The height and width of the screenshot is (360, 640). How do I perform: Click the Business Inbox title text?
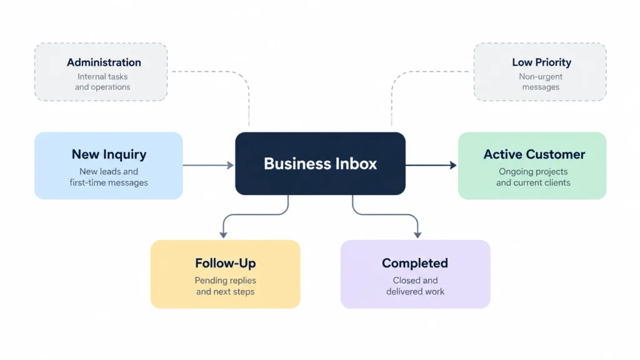tap(321, 164)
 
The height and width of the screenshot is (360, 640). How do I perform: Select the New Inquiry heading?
tap(109, 154)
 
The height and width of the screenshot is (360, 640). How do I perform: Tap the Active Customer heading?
tap(534, 154)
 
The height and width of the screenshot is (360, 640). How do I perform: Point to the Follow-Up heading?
tap(225, 263)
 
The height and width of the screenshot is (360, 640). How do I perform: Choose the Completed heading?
tap(415, 263)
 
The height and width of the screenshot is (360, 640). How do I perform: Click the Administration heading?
tap(104, 62)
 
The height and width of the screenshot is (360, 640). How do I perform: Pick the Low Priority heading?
tap(542, 62)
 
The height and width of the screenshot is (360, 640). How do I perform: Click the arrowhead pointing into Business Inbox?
tap(231, 165)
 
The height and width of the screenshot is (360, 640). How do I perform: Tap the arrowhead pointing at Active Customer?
tap(453, 165)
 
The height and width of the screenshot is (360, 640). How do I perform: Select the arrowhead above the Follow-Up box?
tap(223, 235)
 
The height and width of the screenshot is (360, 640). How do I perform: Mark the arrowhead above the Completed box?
tap(417, 235)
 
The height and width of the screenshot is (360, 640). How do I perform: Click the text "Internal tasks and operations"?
tap(102, 82)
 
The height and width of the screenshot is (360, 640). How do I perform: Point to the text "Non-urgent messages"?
tap(541, 82)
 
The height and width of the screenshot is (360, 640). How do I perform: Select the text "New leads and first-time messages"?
tap(109, 177)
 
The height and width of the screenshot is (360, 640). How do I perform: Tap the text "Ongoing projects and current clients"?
tap(533, 177)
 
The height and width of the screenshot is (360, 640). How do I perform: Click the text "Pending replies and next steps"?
tap(225, 286)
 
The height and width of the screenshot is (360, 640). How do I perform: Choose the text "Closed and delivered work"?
tap(415, 286)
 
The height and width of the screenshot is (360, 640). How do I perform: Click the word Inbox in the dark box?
tap(356, 164)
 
